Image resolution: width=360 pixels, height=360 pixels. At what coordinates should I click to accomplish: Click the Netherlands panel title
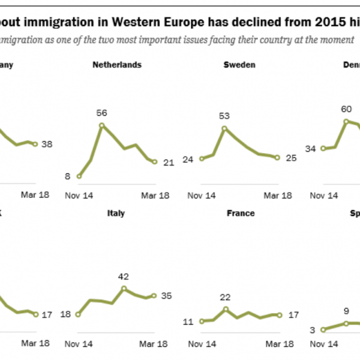(x=117, y=65)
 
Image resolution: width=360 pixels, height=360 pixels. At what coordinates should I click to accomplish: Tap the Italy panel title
(x=116, y=213)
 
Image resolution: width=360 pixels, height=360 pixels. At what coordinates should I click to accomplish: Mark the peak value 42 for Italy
(x=124, y=277)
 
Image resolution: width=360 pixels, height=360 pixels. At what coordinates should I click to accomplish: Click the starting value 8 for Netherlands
(x=67, y=176)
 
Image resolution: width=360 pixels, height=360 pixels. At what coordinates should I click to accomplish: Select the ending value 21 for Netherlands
(x=168, y=163)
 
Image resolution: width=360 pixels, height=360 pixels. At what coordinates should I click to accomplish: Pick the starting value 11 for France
(x=188, y=322)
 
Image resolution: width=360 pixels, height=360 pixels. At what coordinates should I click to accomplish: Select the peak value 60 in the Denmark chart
(x=346, y=109)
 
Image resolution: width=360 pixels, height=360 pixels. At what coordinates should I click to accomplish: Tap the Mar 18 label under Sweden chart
(x=278, y=195)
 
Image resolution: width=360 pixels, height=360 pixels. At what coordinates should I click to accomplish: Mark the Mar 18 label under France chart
(x=278, y=343)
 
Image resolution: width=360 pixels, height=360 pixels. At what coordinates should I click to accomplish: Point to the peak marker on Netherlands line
(x=101, y=125)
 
